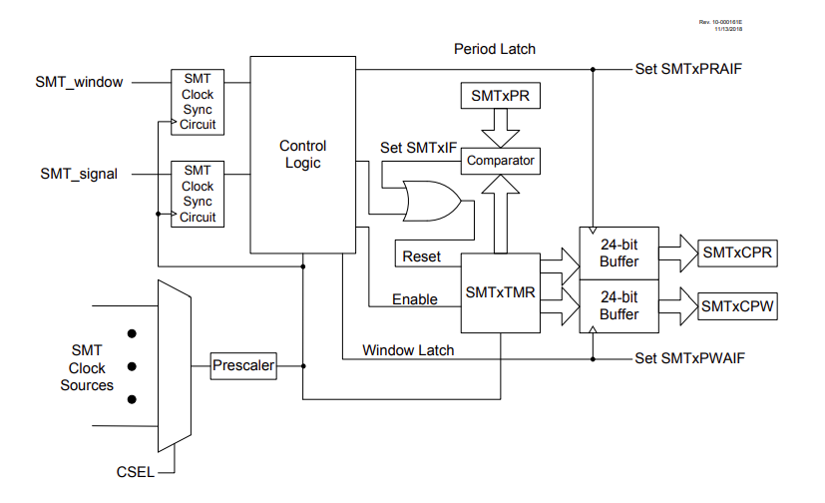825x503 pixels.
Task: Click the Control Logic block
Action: (x=302, y=155)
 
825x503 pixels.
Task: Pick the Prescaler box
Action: (x=242, y=366)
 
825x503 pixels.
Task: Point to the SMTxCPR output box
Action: (x=737, y=253)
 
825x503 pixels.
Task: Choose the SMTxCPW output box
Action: (x=737, y=304)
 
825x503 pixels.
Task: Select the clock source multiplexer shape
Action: (x=175, y=366)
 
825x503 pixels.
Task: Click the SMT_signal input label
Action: (x=79, y=174)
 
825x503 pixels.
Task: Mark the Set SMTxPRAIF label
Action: (x=688, y=69)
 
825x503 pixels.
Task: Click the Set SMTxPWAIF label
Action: (x=689, y=356)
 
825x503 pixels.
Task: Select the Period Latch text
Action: (x=495, y=49)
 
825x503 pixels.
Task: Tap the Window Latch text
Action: (x=408, y=350)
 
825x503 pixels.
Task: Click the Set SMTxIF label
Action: (x=418, y=148)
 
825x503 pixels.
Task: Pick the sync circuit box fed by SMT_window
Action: (x=198, y=102)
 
